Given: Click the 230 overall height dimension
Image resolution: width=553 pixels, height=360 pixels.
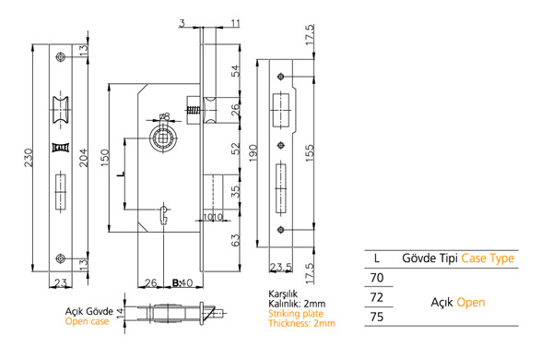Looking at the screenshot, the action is pyautogui.click(x=28, y=158).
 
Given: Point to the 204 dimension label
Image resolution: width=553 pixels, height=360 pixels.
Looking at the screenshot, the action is pyautogui.click(x=83, y=158).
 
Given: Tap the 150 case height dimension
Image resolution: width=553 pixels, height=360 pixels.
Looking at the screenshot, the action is pyautogui.click(x=105, y=158).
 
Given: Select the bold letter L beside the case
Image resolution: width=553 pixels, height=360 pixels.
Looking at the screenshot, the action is pyautogui.click(x=121, y=174).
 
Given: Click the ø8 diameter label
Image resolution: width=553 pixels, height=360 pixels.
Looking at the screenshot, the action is pyautogui.click(x=165, y=116).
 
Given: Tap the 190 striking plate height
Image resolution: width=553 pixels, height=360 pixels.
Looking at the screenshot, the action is pyautogui.click(x=253, y=153).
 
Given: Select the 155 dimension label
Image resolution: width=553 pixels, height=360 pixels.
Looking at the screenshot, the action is pyautogui.click(x=309, y=153).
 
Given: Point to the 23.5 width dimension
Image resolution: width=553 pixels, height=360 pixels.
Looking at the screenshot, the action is pyautogui.click(x=281, y=268).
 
